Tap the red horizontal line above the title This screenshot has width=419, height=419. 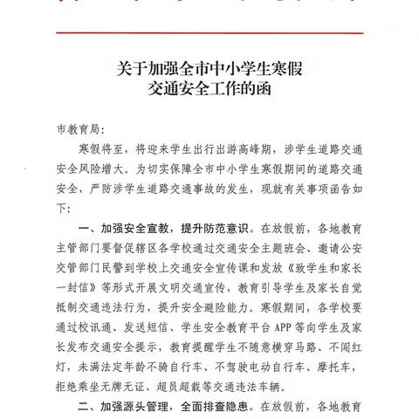(x=209, y=33)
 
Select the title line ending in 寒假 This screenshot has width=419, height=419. (x=209, y=65)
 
